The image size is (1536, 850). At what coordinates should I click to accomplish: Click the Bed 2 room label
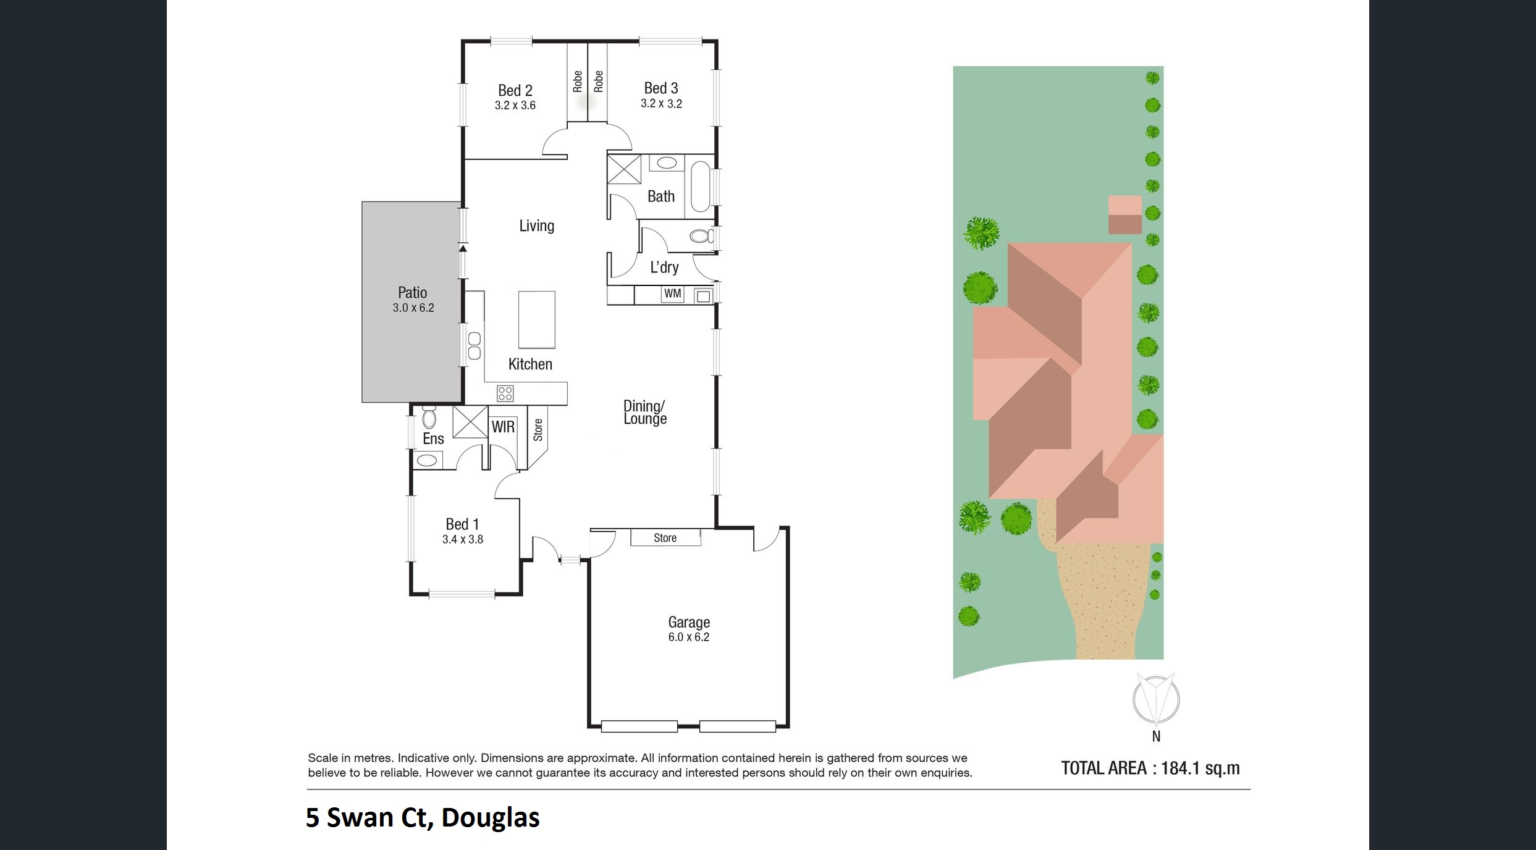[515, 90]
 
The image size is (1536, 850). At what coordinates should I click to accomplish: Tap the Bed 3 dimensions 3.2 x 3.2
[661, 104]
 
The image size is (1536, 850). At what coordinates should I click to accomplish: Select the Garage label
[689, 622]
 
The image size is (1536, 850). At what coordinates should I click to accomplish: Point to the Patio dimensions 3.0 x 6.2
[413, 308]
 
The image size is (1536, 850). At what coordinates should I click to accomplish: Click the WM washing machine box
[673, 294]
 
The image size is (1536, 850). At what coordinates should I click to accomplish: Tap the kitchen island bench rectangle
[536, 320]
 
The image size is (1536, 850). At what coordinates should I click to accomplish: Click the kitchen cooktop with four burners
[505, 393]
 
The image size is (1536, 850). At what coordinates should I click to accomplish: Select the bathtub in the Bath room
[700, 186]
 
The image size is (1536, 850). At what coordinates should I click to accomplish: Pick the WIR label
[503, 427]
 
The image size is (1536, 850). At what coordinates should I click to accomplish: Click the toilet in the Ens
[429, 417]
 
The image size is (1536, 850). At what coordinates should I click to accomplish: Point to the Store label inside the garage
[665, 538]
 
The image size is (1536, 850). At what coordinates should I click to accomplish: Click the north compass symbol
[1156, 699]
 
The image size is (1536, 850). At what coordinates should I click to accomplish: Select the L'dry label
[664, 267]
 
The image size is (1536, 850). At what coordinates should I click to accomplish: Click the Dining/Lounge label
[645, 412]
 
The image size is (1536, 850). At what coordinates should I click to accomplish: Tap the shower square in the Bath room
[624, 169]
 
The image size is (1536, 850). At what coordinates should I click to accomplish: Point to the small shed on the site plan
[1125, 215]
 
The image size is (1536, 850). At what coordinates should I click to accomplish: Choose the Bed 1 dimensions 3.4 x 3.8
[463, 539]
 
